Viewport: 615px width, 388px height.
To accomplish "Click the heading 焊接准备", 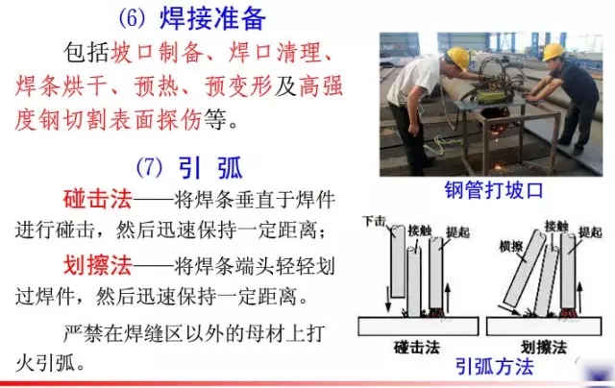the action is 212,18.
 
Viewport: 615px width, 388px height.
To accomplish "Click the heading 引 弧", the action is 210,168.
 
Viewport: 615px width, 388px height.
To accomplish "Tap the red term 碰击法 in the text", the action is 97,199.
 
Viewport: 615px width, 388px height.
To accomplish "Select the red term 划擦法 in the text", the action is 97,265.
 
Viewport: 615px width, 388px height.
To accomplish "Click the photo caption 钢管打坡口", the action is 494,190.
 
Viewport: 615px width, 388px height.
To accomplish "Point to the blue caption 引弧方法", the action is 495,367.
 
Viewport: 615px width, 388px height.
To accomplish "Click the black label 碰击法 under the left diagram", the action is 416,348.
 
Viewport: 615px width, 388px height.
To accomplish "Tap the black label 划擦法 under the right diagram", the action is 544,348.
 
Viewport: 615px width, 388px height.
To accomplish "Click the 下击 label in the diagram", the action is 374,222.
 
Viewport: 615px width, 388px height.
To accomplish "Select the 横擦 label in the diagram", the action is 510,247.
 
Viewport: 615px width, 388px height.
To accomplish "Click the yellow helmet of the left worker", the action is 458,57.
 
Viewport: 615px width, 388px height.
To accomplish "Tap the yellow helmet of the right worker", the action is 553,51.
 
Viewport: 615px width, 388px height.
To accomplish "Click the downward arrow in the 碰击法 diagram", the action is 388,299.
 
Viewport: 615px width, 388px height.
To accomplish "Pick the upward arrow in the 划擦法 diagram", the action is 580,296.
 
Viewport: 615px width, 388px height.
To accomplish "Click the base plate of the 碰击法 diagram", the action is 419,327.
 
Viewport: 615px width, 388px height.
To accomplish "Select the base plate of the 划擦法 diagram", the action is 544,327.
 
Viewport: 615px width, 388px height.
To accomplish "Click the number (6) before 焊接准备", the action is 132,18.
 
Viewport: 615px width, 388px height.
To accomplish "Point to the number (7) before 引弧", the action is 149,168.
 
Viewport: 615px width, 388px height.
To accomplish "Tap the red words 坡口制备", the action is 157,52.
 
